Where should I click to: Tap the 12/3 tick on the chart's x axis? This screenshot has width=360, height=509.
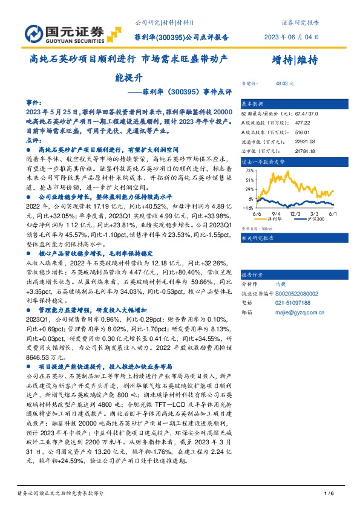point(296,213)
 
